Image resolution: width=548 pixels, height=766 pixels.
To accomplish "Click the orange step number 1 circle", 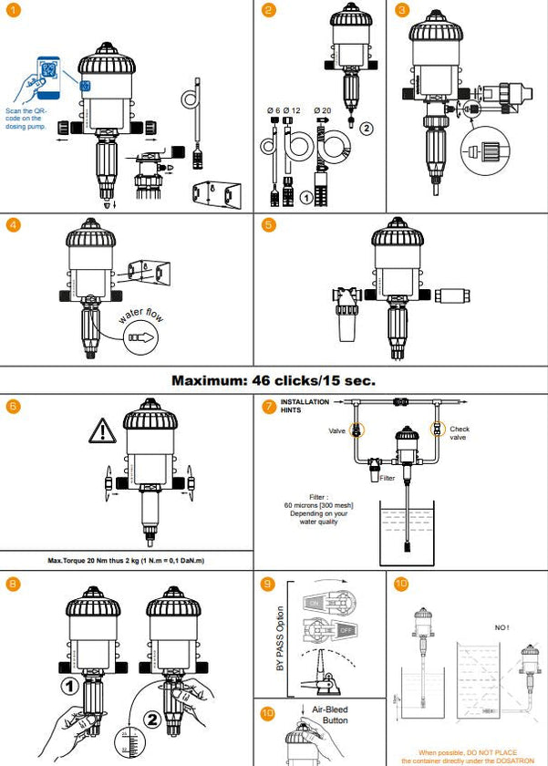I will click(x=13, y=12).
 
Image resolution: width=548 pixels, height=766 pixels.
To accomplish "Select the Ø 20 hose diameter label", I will click(x=322, y=111).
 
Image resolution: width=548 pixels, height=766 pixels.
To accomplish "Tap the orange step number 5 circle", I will click(x=267, y=225).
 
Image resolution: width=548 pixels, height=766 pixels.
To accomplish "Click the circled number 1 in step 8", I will click(x=67, y=684).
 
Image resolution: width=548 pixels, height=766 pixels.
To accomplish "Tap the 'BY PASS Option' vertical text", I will click(x=279, y=638).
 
